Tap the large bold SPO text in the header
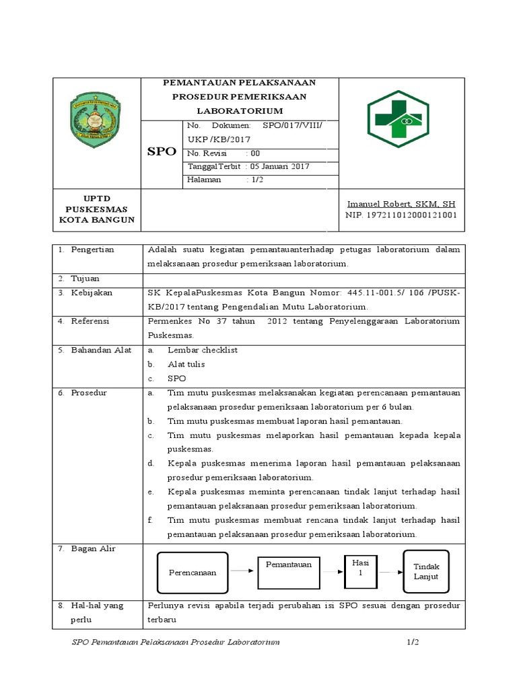pyautogui.click(x=162, y=152)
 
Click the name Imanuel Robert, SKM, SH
pyautogui.click(x=401, y=204)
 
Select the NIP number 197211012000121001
pyautogui.click(x=401, y=215)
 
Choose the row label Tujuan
pyautogui.click(x=85, y=279)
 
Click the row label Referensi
pyautogui.click(x=92, y=321)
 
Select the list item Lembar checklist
pyautogui.click(x=202, y=350)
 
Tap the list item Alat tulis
pyautogui.click(x=186, y=364)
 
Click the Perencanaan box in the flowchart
pyautogui.click(x=193, y=572)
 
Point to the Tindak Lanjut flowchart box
pyautogui.click(x=425, y=571)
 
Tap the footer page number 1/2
pyautogui.click(x=413, y=643)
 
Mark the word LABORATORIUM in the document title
pyautogui.click(x=240, y=110)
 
